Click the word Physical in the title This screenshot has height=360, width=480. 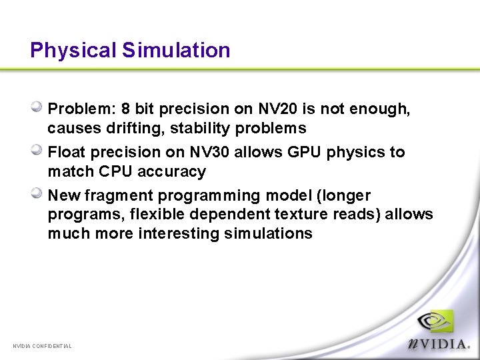[x=73, y=51]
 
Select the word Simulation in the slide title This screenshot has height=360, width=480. [x=176, y=51]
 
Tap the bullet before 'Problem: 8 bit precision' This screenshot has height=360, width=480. [x=38, y=107]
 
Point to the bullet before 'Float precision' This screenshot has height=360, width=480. [x=38, y=150]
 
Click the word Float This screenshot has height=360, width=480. [x=67, y=152]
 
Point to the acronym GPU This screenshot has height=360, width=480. [x=305, y=152]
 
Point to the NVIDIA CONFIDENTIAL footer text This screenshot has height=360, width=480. [x=42, y=346]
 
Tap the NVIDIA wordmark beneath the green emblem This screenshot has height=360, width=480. [x=440, y=343]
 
